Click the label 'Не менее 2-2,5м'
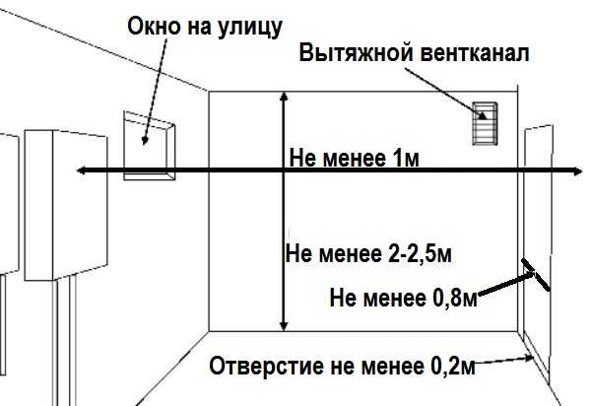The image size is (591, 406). point(367,253)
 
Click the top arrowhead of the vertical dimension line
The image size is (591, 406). point(284,97)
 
